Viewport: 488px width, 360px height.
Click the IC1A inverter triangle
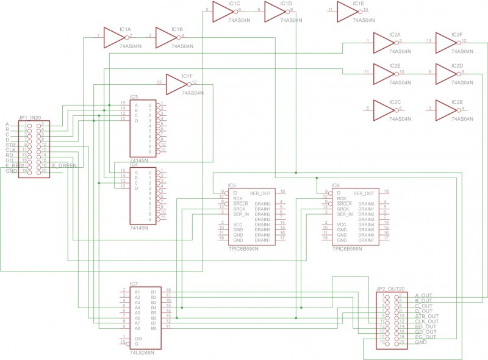[113, 38]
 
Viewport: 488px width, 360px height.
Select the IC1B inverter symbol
[165, 38]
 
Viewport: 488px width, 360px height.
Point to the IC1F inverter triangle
[176, 85]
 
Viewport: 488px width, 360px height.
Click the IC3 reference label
[134, 98]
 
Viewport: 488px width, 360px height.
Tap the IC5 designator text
[232, 185]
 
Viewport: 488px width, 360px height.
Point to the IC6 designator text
[335, 185]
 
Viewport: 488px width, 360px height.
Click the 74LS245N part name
[142, 353]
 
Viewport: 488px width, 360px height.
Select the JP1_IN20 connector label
[29, 117]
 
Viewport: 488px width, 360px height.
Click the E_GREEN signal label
[63, 165]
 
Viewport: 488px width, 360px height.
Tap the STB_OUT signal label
[426, 316]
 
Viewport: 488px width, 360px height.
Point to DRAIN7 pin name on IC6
[365, 240]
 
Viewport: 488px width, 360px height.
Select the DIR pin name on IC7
[138, 338]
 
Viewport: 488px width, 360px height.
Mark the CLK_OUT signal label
[426, 321]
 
